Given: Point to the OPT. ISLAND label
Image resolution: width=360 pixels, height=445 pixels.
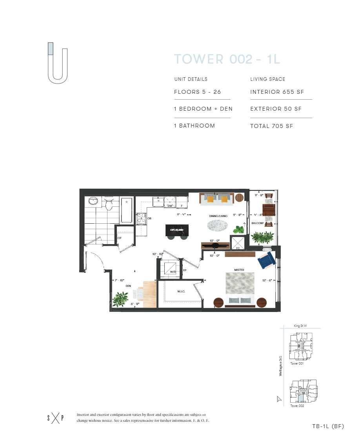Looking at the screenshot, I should (x=176, y=230).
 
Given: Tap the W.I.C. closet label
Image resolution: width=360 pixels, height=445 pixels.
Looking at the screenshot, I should (x=180, y=291).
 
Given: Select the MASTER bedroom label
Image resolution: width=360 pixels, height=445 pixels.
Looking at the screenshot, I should (x=239, y=270).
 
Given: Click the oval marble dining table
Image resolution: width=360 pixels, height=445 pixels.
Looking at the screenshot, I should (x=217, y=225).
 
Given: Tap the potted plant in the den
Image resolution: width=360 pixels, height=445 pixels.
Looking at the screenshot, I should (x=118, y=300).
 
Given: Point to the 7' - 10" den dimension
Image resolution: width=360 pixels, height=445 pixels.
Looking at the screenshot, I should (x=119, y=280).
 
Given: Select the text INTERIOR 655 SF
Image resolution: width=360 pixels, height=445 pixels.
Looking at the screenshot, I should (x=277, y=92).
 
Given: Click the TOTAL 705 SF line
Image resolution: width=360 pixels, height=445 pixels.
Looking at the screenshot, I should (x=271, y=126).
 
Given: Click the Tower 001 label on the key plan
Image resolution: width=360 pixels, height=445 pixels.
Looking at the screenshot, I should (x=297, y=363).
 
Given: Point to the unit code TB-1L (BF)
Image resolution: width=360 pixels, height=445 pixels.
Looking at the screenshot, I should (x=328, y=426).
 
